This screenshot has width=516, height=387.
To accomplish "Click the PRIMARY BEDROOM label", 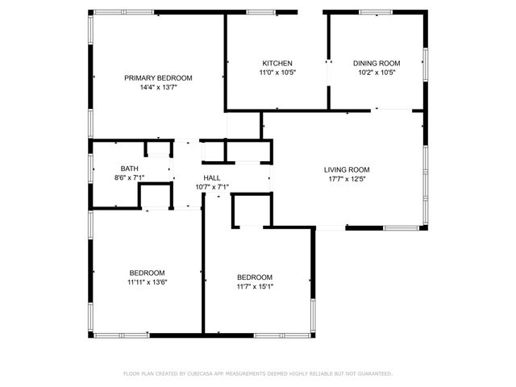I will pos(158,78).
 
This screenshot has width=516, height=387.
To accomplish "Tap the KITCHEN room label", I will pos(277,63).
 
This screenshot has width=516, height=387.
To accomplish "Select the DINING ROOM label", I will pos(377,63).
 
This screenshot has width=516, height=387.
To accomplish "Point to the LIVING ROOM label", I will pos(347,169).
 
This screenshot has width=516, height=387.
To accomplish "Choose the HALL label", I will pos(212,177).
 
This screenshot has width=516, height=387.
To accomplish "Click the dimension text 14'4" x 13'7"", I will pos(158,87).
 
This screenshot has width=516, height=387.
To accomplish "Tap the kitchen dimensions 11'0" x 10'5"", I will pos(277,72).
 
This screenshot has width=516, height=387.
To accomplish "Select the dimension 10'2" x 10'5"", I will pos(377,72).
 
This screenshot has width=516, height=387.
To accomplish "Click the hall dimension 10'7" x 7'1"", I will pos(212,186).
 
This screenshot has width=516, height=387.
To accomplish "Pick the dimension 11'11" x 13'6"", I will pos(147,281).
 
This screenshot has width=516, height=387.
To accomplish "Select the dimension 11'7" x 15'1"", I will pos(254,286).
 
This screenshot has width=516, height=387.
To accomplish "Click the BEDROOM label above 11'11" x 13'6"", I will pos(147,273).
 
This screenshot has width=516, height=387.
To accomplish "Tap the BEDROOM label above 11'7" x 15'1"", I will pos(254,277).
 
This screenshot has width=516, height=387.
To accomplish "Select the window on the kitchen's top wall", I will pos(260,12).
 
